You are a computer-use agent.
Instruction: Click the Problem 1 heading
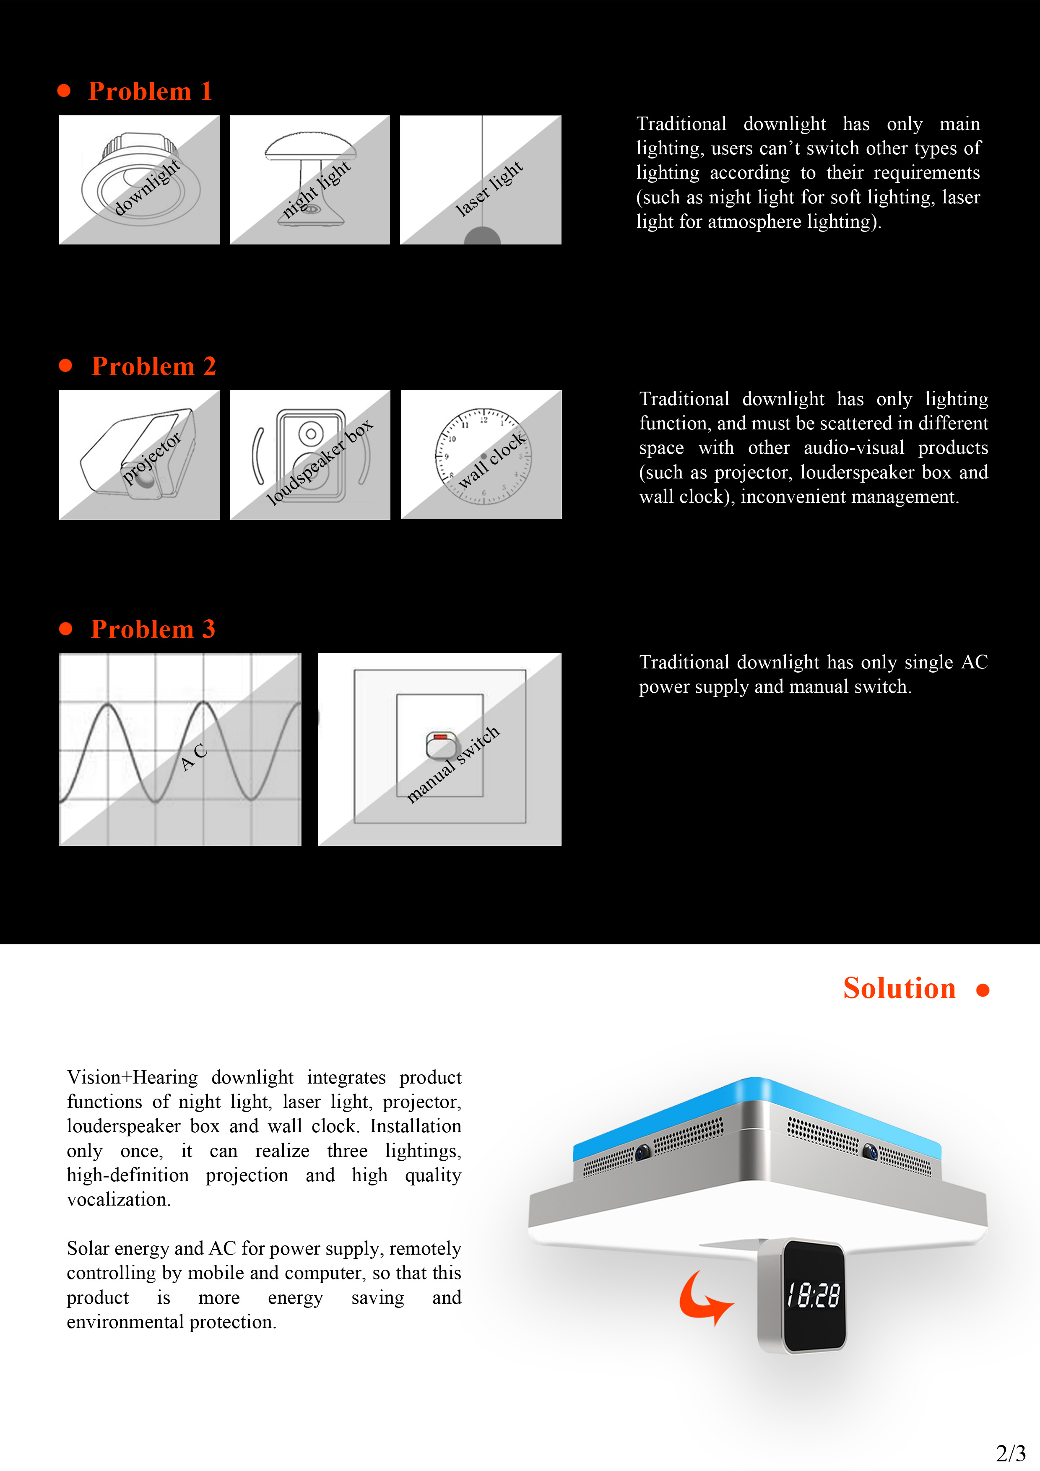(150, 91)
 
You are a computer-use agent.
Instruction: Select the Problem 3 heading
(153, 629)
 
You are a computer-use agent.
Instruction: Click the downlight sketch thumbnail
(139, 180)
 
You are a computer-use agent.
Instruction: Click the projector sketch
(139, 455)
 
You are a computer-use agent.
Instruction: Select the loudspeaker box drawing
(310, 455)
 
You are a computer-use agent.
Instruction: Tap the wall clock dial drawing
(483, 455)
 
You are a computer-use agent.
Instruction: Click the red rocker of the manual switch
(440, 738)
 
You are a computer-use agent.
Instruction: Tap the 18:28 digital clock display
(813, 1295)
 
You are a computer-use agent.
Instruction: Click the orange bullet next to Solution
(982, 990)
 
